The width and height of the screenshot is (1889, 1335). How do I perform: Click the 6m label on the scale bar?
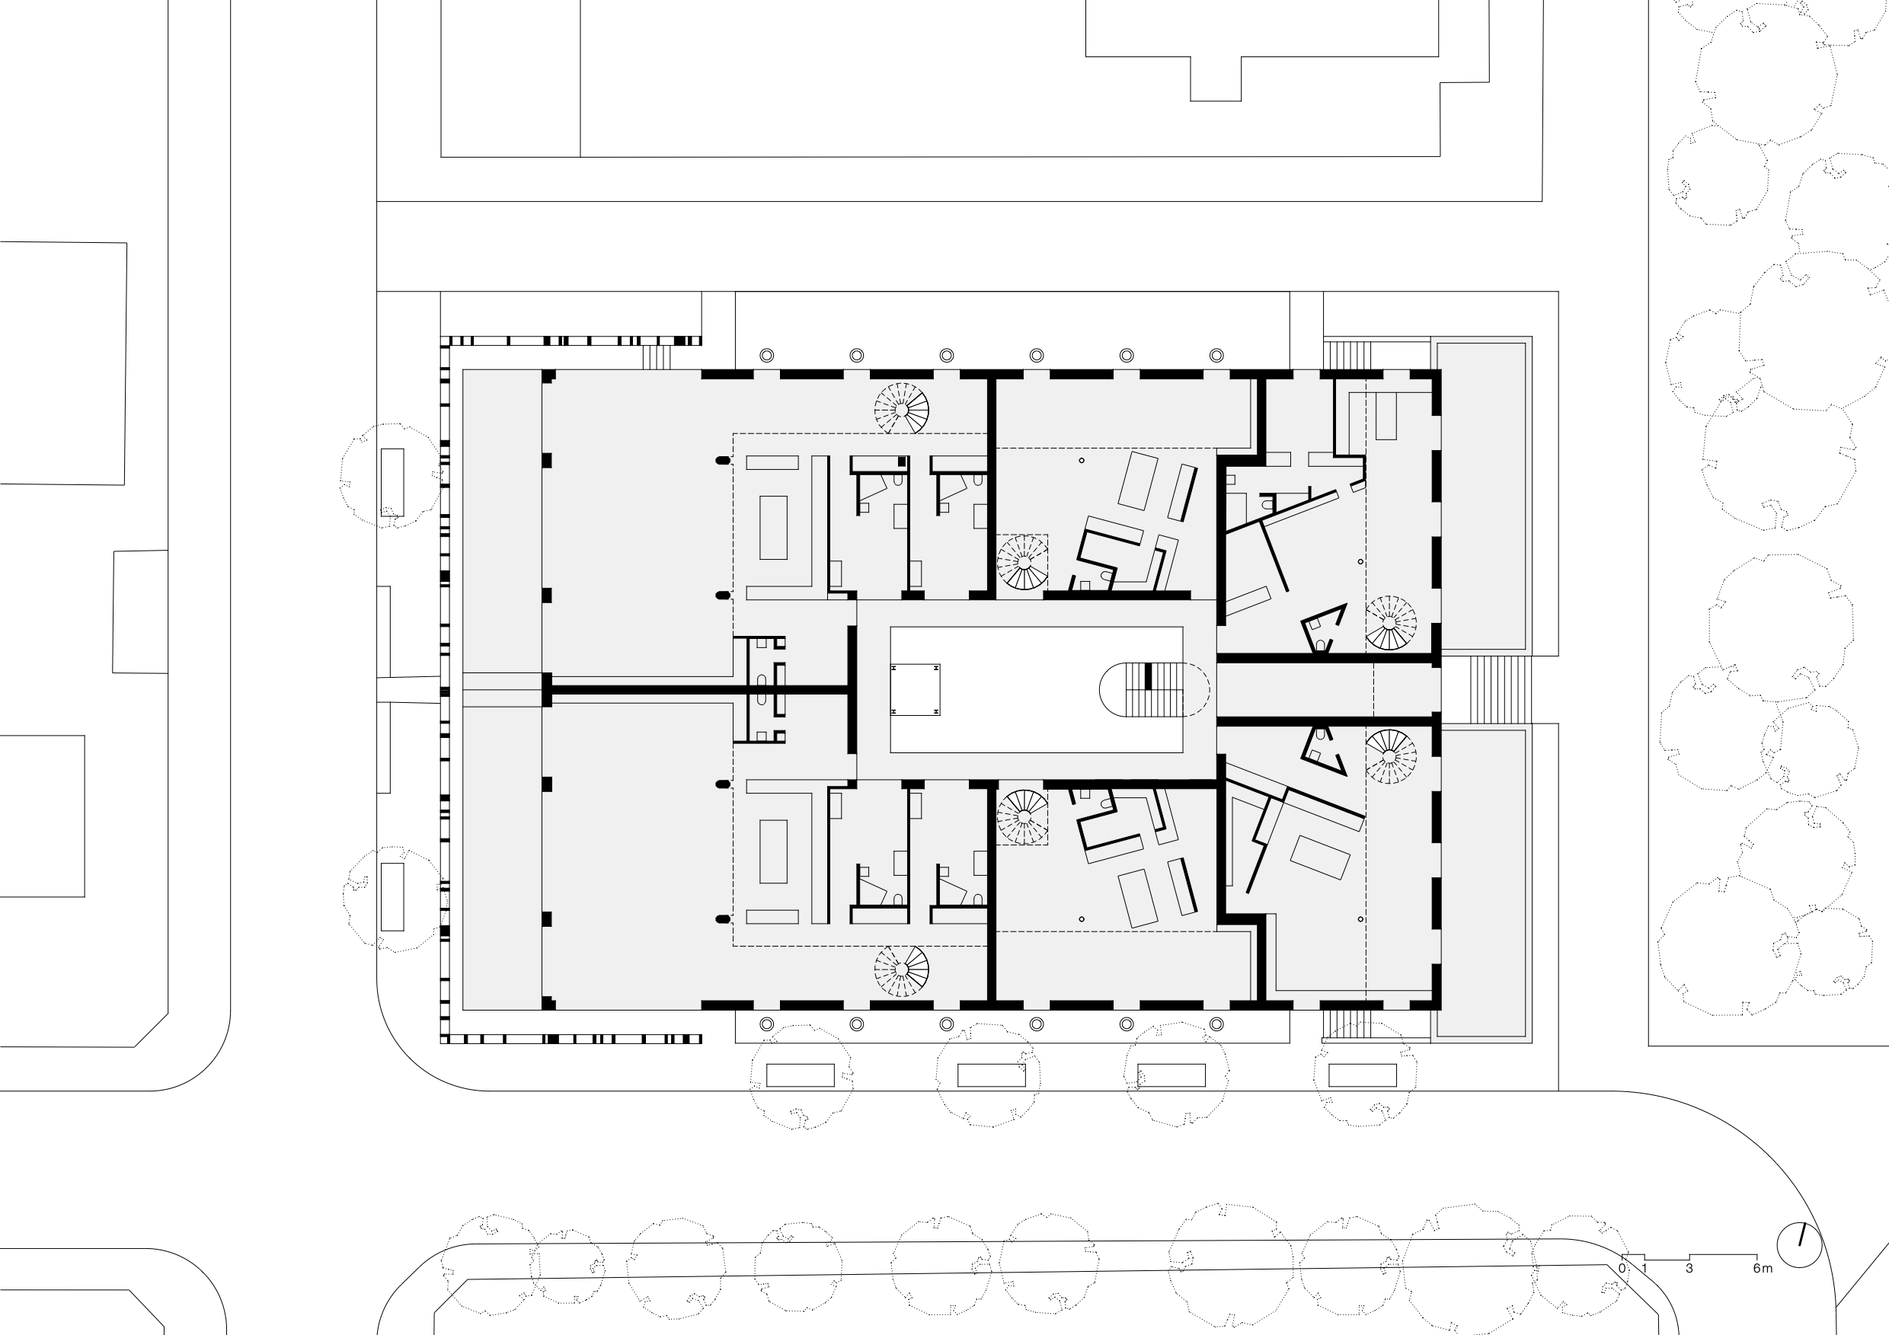[1763, 1269]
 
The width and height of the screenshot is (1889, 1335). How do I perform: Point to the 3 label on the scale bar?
[1689, 1269]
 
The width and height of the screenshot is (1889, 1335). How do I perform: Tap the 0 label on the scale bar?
[1622, 1269]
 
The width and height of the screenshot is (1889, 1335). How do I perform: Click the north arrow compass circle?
[1799, 1244]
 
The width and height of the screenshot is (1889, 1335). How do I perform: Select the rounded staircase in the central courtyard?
[1154, 689]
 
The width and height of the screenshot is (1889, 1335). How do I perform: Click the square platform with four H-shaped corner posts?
[915, 689]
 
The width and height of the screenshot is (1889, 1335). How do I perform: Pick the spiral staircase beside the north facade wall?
[902, 409]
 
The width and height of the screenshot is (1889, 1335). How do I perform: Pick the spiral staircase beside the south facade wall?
[902, 971]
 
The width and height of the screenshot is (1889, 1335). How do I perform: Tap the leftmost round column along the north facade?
[767, 356]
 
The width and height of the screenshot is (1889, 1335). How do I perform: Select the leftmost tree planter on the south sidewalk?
[801, 1075]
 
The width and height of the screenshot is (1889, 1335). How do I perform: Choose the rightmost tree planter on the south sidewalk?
[1363, 1075]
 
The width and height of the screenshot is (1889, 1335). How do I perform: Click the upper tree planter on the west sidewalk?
[392, 483]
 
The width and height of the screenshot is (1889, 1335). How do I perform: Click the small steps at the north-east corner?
[1347, 356]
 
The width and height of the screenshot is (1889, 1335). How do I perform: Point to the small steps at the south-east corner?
[1347, 1024]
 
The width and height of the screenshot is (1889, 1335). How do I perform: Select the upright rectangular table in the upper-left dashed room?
[773, 527]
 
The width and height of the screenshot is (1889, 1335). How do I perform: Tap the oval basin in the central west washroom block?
[762, 681]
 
